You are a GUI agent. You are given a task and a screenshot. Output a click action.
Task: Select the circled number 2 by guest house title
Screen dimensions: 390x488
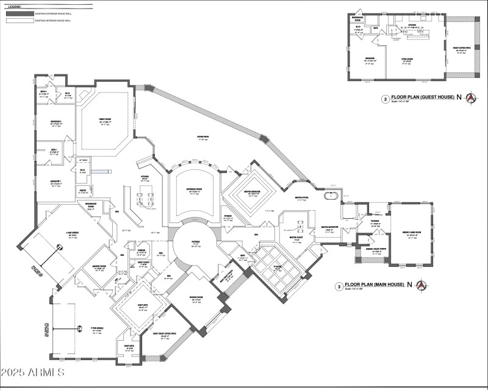[385, 98]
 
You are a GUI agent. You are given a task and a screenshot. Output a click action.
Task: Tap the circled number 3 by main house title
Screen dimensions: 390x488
[339, 285]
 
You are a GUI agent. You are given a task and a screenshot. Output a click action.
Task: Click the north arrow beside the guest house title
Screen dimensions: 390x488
[470, 97]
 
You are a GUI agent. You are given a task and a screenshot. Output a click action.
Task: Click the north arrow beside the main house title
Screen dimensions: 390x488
[421, 285]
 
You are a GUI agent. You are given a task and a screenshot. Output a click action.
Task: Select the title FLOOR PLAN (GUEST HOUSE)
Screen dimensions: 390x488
[423, 97]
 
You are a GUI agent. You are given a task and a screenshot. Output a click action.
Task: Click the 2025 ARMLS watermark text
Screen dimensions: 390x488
[34, 371]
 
